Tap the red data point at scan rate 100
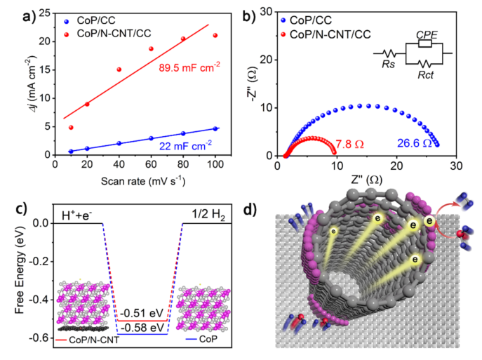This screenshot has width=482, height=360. pyautogui.click(x=215, y=35)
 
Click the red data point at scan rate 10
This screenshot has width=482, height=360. pyautogui.click(x=71, y=127)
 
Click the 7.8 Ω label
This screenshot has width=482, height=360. pyautogui.click(x=351, y=145)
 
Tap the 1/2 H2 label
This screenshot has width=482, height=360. pyautogui.click(x=201, y=213)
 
